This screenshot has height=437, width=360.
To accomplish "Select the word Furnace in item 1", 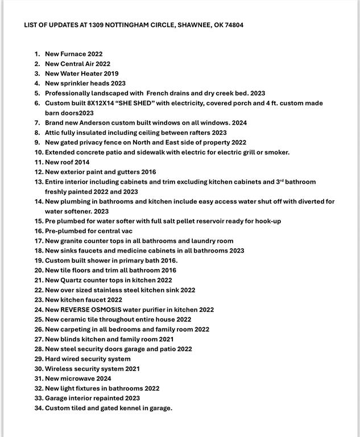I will tap(73, 54).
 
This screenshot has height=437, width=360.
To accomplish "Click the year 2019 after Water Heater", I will tap(111, 73).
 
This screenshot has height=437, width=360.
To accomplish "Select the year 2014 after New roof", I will tap(82, 162).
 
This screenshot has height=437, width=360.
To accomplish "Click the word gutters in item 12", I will tap(129, 172).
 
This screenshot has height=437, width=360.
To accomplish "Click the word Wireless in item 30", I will tap(59, 369).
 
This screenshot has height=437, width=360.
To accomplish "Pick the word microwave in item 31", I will tap(78, 378).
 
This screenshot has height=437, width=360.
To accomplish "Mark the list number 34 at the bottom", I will tap(39, 408).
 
